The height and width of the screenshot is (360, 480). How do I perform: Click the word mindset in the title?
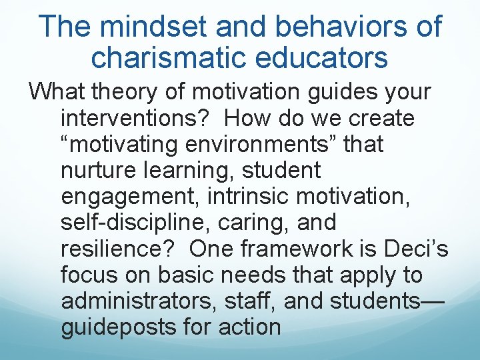[139, 27]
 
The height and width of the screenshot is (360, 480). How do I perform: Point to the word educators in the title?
[329, 58]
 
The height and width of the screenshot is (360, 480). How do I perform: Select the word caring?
[249, 222]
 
